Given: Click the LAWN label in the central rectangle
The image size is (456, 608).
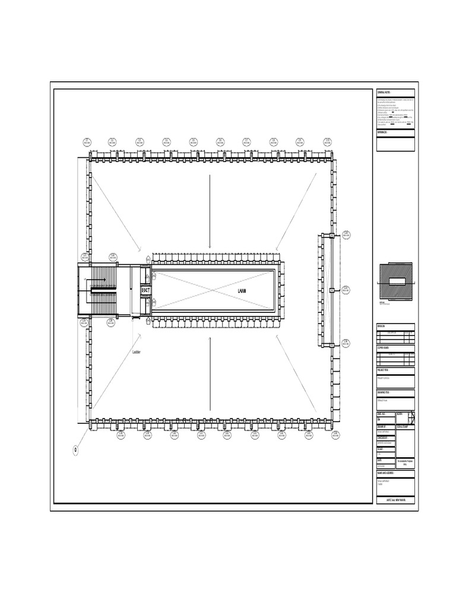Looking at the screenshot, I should (241, 291).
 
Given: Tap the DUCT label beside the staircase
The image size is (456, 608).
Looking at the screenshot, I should (145, 290).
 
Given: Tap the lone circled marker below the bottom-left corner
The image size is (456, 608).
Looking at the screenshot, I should (76, 450).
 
